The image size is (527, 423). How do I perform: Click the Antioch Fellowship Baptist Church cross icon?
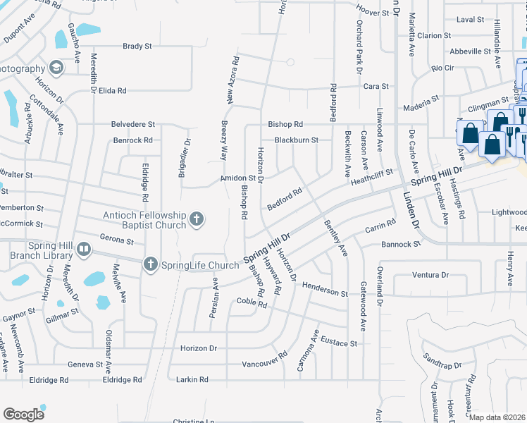tap(197, 220)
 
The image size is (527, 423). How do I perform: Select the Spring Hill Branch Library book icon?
tap(84, 249)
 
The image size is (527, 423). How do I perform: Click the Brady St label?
tap(137, 47)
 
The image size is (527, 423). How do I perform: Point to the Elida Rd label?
tap(112, 91)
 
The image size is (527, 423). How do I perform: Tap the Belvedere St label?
tap(132, 125)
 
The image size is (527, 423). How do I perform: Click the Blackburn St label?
tap(297, 140)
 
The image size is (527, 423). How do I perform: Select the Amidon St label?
tap(237, 178)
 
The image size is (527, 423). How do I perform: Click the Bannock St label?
tap(400, 244)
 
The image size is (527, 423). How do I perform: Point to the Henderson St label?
tap(325, 289)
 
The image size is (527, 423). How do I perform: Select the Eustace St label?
tap(340, 343)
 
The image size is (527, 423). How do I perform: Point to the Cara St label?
tap(376, 86)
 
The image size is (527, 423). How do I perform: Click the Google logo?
tap(24, 415)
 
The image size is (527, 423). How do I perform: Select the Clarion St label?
tap(433, 35)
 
